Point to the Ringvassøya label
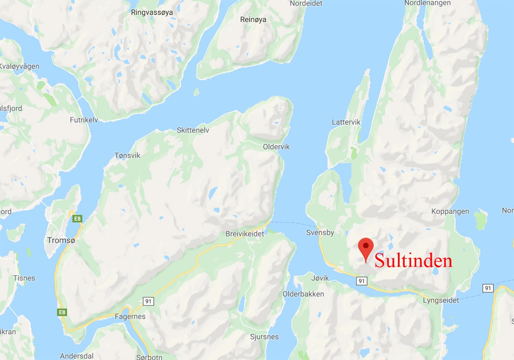152,12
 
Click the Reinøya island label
253,19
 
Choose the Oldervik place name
276,147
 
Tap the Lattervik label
346,122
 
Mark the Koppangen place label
450,211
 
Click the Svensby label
320,233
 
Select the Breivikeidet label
245,234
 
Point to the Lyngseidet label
441,300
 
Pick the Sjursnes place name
264,337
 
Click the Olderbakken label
303,294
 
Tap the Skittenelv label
193,130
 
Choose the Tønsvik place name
127,155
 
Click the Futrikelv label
84,120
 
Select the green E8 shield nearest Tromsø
77,219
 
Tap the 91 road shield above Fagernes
148,301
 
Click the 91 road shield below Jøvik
361,281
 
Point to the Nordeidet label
306,4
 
